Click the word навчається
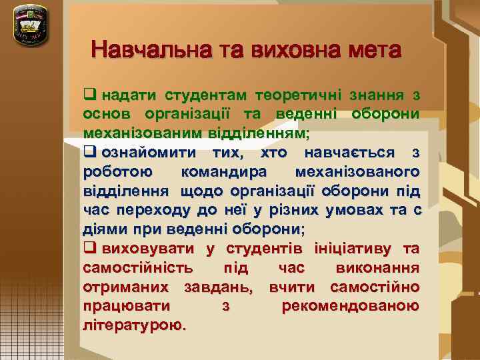[349, 153]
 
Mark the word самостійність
[139, 268]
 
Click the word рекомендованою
[351, 307]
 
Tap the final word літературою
[135, 326]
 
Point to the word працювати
[126, 307]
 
